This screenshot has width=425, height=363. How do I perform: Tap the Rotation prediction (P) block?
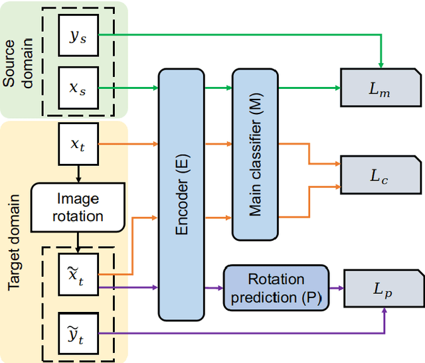click(x=276, y=287)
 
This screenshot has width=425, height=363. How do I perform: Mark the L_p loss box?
click(x=379, y=288)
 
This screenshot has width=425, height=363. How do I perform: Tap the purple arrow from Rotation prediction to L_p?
click(x=335, y=288)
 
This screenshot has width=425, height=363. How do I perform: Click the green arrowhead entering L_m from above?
click(x=381, y=64)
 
